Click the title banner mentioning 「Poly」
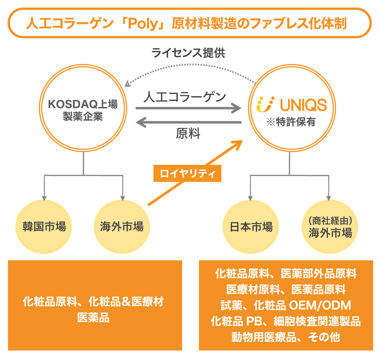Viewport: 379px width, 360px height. [x=189, y=23]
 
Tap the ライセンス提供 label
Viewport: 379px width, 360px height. [x=188, y=53]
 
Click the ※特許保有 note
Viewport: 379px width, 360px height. [x=291, y=122]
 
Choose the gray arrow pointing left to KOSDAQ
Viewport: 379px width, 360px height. [x=188, y=122]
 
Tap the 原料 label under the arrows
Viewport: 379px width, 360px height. [x=188, y=134]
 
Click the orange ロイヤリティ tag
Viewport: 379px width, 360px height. [x=188, y=174]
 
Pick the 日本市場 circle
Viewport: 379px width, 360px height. [x=251, y=227]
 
